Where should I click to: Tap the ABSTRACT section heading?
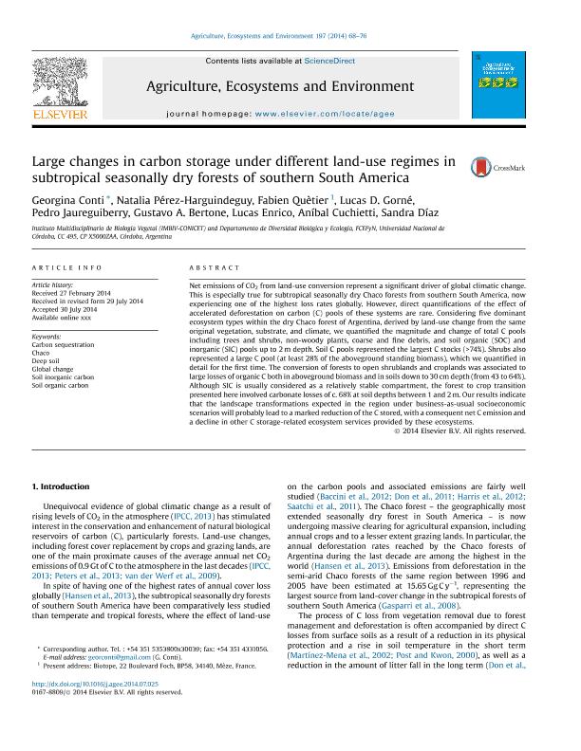coord(213,268)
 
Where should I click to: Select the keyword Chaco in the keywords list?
coord(42,352)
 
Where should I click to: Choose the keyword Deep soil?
coord(47,360)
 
